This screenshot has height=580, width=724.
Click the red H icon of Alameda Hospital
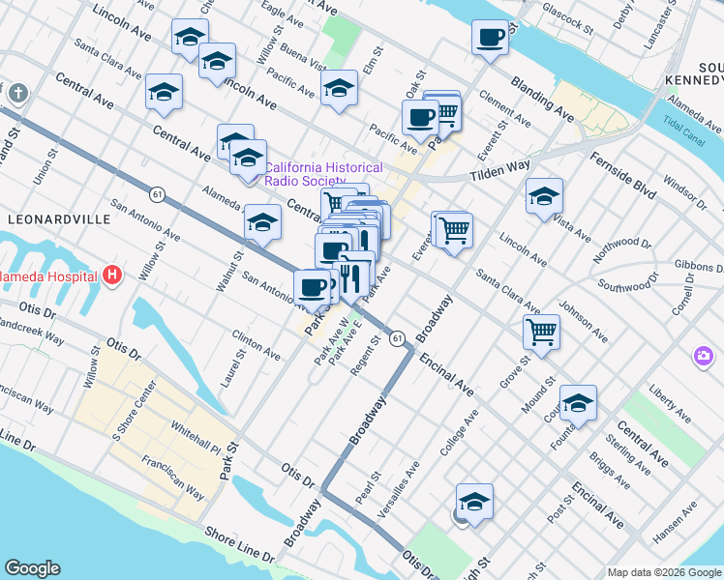(113, 275)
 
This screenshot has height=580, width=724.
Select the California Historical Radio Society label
(323, 174)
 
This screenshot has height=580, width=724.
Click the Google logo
(32, 568)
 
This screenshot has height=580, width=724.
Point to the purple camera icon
(703, 357)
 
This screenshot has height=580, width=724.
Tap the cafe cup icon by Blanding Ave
(491, 38)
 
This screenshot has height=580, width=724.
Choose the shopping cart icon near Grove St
(542, 332)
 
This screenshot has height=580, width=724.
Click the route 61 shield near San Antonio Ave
(156, 195)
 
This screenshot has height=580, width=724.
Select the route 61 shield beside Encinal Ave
(398, 338)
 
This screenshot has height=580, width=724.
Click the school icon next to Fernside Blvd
(544, 196)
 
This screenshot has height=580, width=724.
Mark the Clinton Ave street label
(256, 345)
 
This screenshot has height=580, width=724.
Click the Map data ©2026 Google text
(663, 572)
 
